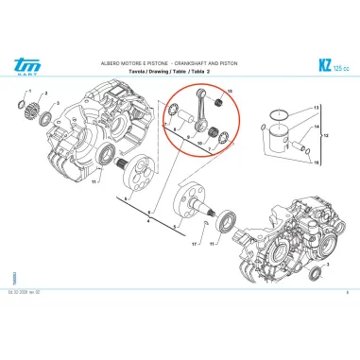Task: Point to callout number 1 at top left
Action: (x=31, y=92)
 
